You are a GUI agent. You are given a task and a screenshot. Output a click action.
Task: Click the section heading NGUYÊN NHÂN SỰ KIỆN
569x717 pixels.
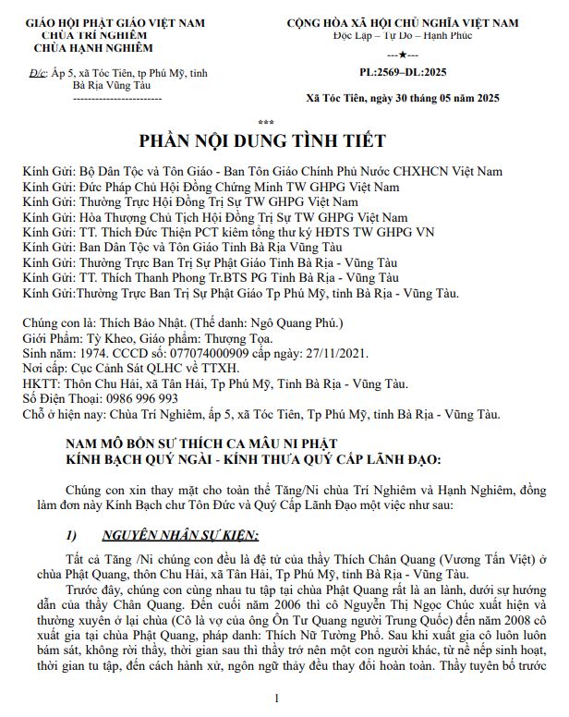click(x=180, y=536)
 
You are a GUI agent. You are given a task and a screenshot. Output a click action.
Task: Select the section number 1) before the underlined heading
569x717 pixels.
click(x=76, y=536)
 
